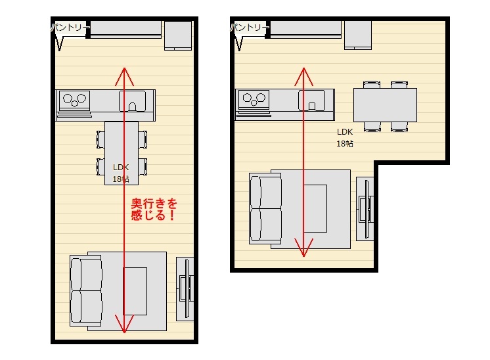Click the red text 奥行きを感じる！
click(x=154, y=210)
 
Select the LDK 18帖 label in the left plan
click(x=121, y=173)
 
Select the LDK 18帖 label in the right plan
click(x=345, y=137)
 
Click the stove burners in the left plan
click(x=74, y=100)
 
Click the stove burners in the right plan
click(x=254, y=99)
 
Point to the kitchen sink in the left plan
click(x=133, y=101)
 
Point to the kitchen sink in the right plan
click(x=311, y=101)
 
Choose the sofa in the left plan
click(x=86, y=290)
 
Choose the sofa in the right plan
click(x=265, y=208)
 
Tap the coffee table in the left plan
click(x=135, y=291)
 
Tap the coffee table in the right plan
click(x=315, y=208)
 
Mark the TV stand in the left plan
click(x=185, y=289)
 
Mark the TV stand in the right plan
click(x=365, y=209)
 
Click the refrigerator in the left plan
click(x=178, y=35)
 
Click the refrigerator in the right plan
click(x=358, y=35)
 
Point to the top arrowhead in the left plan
click(x=124, y=77)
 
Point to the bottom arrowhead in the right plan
click(x=303, y=248)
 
